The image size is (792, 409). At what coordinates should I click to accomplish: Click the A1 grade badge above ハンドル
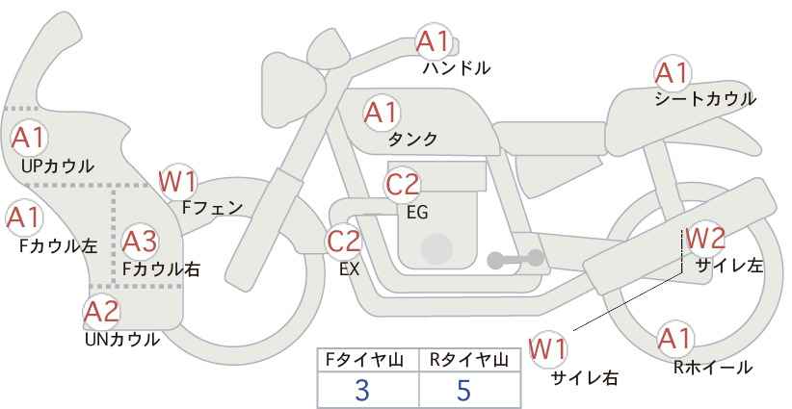click(433, 41)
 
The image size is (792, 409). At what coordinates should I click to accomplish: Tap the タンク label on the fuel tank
click(412, 139)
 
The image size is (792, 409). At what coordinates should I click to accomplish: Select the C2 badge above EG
click(402, 184)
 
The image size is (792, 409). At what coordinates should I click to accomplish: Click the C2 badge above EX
click(344, 241)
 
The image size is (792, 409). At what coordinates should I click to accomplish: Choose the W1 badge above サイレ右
click(548, 349)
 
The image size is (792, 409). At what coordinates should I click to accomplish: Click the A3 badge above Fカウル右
click(140, 242)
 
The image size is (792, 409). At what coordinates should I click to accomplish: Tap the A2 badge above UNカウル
click(101, 312)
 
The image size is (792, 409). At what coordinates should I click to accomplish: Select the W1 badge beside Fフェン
click(177, 182)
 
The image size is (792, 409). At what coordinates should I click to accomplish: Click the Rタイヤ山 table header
click(469, 360)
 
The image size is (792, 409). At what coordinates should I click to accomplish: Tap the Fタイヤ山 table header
click(364, 360)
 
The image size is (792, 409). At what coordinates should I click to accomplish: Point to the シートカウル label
click(705, 99)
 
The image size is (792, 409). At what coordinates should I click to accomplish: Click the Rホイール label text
click(713, 368)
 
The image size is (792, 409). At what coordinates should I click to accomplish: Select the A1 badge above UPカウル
click(29, 138)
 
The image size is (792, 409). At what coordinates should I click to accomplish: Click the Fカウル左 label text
click(59, 246)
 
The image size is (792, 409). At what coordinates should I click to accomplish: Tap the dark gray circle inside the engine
click(436, 249)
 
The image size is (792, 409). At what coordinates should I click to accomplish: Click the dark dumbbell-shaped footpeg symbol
click(515, 259)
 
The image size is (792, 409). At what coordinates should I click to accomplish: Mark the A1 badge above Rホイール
click(674, 339)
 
